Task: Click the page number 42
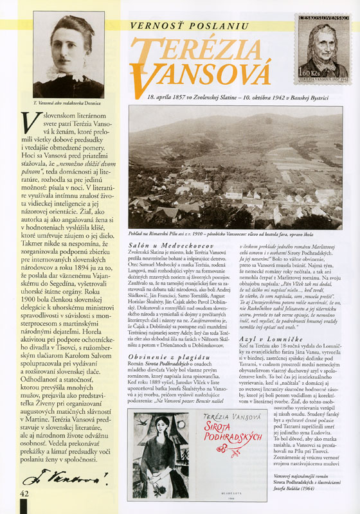click(26, 493)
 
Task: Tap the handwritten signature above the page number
click(62, 477)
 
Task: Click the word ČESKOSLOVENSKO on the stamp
click(323, 22)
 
